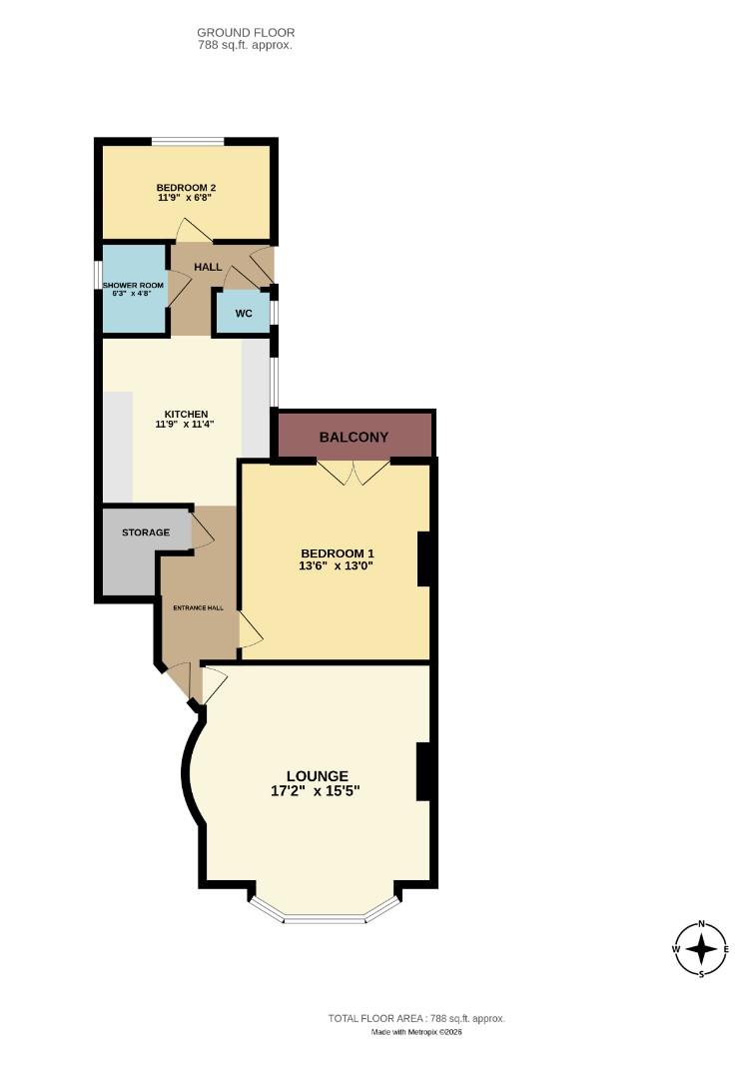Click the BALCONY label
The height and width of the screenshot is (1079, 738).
click(x=354, y=438)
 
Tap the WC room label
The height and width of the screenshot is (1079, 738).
click(x=244, y=314)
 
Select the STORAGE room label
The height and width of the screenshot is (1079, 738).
click(x=146, y=533)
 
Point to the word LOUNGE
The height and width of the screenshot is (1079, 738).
click(x=317, y=775)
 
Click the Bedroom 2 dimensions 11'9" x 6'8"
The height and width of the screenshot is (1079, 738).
click(x=186, y=198)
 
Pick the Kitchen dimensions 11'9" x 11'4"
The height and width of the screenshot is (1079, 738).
click(x=186, y=424)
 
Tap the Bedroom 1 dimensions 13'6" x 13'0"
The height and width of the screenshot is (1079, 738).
click(x=337, y=563)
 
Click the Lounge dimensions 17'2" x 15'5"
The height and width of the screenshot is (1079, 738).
click(x=316, y=790)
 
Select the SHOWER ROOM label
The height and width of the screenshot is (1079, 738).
click(x=133, y=286)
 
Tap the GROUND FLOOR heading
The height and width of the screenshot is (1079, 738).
click(x=246, y=33)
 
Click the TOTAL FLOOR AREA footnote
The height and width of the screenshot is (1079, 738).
click(x=416, y=1018)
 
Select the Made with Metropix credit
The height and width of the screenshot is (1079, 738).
click(x=416, y=1032)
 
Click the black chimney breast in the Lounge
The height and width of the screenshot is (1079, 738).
click(x=423, y=771)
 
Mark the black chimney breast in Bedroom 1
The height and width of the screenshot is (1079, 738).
click(x=423, y=558)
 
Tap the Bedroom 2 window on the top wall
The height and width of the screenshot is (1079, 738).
click(x=188, y=141)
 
